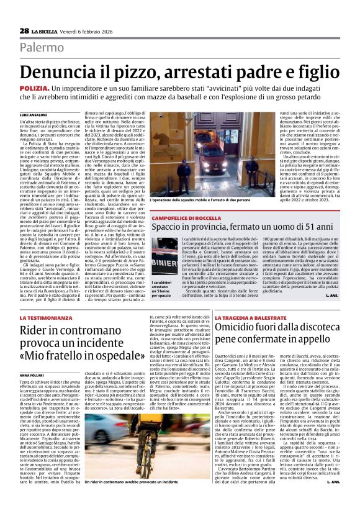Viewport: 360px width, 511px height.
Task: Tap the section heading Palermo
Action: (42, 47)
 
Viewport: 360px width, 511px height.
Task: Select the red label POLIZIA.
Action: (34, 89)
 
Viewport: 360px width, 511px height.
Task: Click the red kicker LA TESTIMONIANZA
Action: (44, 317)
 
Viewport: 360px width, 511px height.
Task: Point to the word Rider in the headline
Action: (35, 331)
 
